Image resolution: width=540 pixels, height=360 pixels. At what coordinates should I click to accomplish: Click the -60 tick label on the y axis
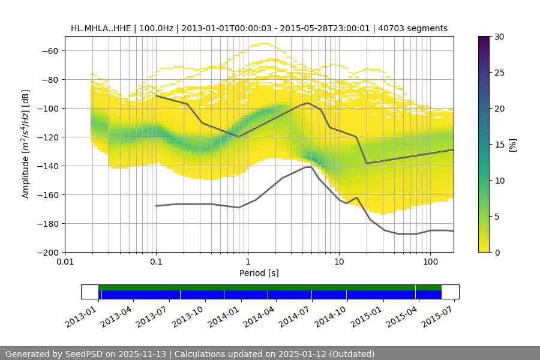click(50, 50)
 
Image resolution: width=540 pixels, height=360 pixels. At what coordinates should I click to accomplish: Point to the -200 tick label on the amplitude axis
click(48, 252)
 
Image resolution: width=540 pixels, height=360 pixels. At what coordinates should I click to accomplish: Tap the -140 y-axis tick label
click(48, 166)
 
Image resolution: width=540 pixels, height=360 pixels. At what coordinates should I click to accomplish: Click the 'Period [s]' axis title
click(259, 273)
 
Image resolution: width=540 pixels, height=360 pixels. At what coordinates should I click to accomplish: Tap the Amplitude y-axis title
click(26, 144)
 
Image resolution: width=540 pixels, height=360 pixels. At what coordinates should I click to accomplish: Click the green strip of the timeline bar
click(270, 287)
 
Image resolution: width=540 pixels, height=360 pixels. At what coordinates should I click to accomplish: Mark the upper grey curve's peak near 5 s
click(308, 103)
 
